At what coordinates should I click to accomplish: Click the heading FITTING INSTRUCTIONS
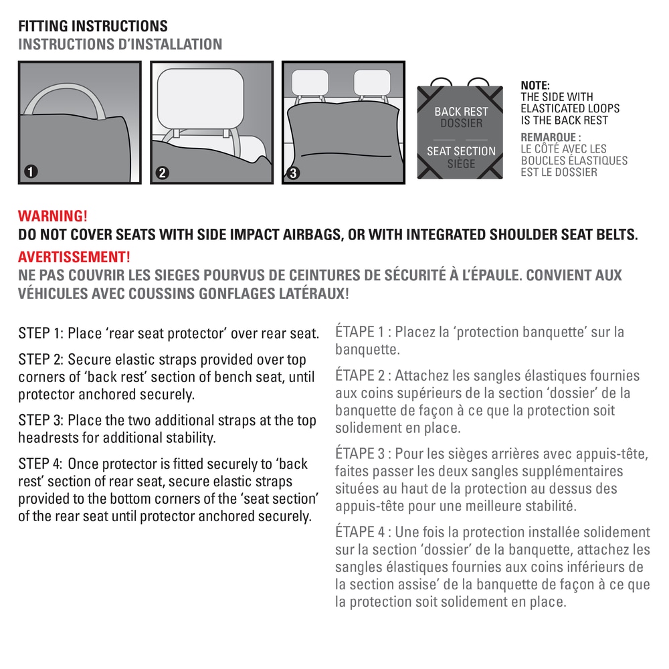point(93,27)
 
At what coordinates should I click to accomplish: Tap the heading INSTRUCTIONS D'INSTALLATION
point(120,44)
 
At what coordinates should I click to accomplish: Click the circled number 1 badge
point(29,172)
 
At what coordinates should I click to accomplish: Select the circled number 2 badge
point(161,173)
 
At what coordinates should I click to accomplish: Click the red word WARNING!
point(53,217)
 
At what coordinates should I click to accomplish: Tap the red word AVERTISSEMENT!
point(74,257)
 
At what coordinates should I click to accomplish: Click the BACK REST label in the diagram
point(461,112)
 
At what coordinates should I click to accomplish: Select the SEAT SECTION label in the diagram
point(461,152)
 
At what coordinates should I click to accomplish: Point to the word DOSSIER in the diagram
point(461,124)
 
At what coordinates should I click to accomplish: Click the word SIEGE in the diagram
point(461,164)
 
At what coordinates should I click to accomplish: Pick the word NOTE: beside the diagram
point(535,85)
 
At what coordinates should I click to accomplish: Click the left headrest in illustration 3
point(310,82)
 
